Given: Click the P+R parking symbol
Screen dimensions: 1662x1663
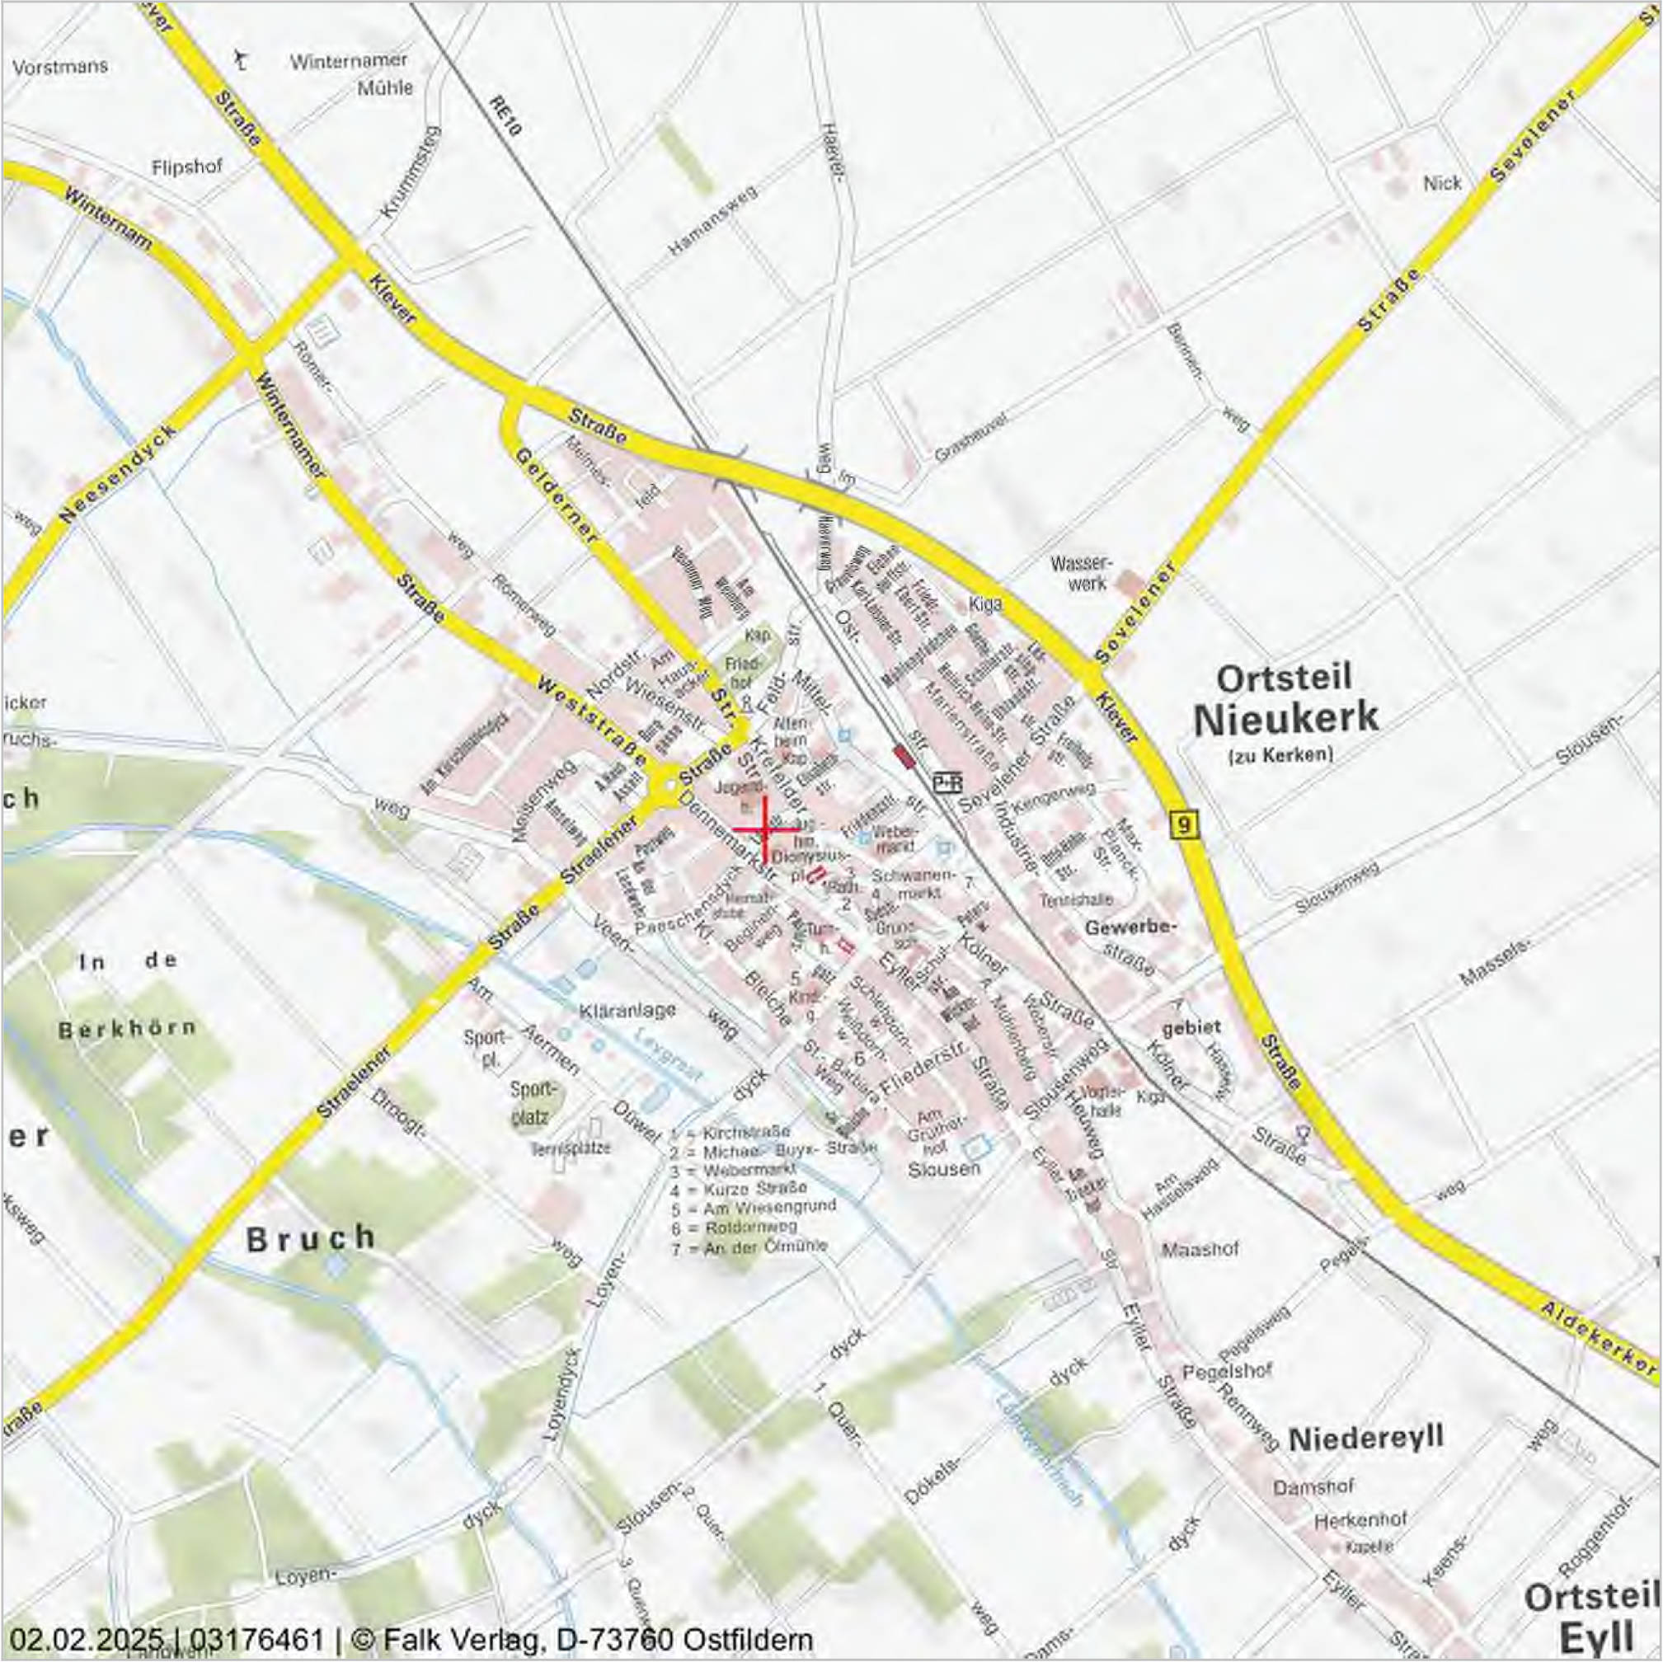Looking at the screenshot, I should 947,782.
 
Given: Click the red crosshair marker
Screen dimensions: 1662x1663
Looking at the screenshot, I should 764,829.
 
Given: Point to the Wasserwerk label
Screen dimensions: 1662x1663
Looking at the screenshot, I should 1081,572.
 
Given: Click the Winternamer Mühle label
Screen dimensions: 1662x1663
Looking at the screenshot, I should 349,74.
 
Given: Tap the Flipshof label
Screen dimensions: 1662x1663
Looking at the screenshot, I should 187,167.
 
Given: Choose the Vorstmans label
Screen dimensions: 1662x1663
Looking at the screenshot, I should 60,66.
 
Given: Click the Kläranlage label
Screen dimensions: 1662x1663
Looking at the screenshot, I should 627,1010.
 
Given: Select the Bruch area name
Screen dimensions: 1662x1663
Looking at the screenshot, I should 311,1238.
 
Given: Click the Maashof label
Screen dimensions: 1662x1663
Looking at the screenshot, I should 1200,1249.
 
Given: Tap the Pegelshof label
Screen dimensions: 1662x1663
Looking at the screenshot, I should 1228,1369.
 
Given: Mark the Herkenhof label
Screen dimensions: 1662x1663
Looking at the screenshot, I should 1360,1521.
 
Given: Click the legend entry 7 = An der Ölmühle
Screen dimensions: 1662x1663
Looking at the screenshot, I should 748,1246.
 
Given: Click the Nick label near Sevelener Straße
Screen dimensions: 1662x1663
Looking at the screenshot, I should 1442,183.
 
